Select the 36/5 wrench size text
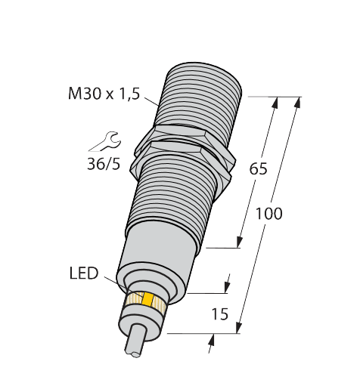coord(104,164)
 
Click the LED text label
coord(84,273)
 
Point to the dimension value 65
coord(258,169)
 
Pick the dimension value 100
coord(268,214)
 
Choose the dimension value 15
coord(219,314)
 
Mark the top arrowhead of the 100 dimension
coord(296,101)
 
